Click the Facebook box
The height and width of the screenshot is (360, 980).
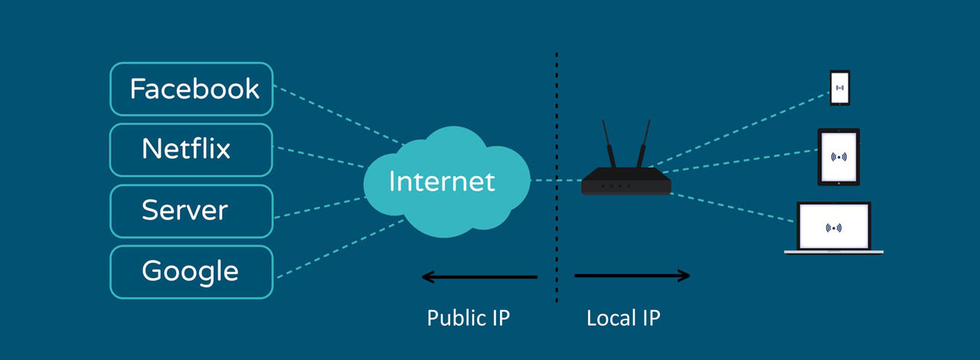[x=191, y=89]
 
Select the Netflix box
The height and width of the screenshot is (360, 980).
[x=191, y=149]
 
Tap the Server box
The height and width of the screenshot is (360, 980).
[x=191, y=210]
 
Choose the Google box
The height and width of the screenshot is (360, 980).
[x=191, y=271]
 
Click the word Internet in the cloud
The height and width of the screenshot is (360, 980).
[x=442, y=182]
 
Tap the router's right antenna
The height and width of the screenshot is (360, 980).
[x=643, y=144]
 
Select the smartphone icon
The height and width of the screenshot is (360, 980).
[x=840, y=88]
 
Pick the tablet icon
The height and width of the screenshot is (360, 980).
[x=839, y=157]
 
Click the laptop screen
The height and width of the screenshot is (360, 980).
[x=834, y=226]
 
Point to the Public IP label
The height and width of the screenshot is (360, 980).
[x=468, y=317]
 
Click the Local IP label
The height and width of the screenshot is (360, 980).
[x=623, y=317]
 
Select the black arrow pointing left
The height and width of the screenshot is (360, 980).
[x=479, y=277]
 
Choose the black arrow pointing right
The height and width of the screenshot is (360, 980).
[x=632, y=276]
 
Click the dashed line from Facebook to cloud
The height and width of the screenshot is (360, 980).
[x=337, y=115]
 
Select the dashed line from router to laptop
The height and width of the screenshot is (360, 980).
[x=735, y=208]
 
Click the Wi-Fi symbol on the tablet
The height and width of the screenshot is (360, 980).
[x=839, y=157]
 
